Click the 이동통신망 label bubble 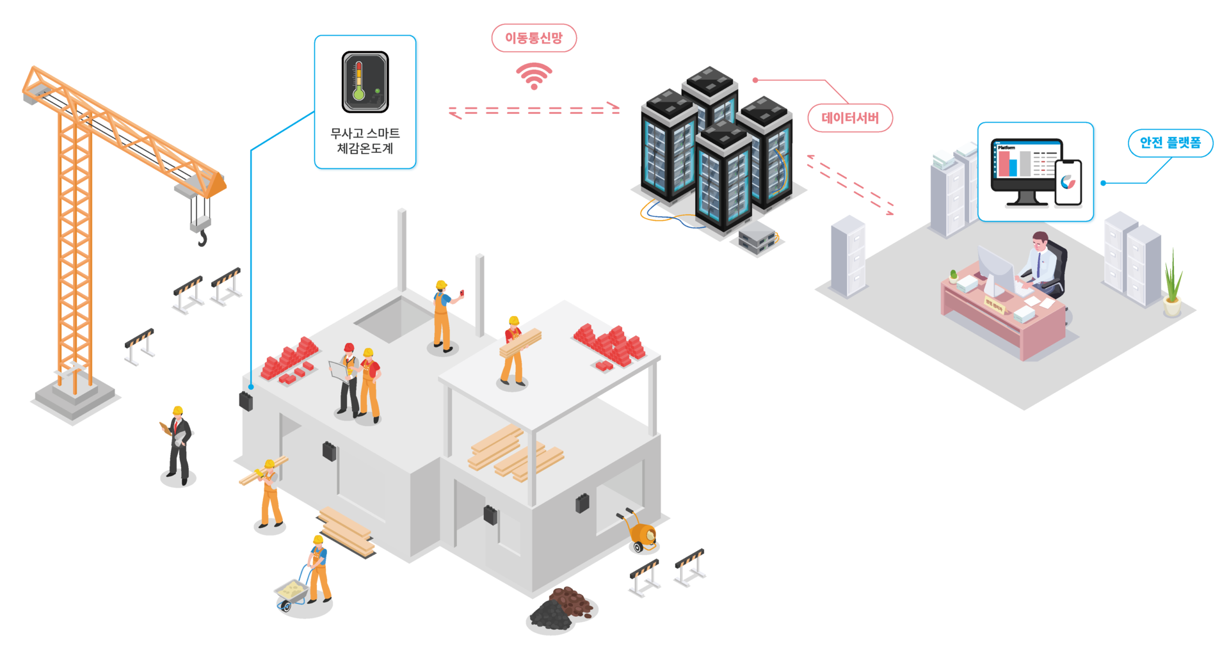(534, 38)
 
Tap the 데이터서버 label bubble (850, 118)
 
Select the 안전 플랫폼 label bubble (1170, 143)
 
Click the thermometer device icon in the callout (365, 82)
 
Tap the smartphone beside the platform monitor (1068, 182)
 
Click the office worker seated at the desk (1043, 262)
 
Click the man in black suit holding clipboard (178, 445)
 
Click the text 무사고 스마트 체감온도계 (365, 141)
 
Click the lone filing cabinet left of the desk (848, 256)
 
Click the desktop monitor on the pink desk (995, 269)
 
